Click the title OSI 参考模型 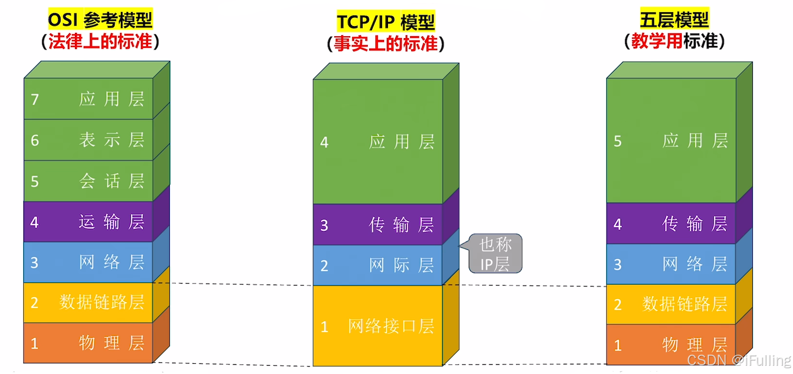coord(100,20)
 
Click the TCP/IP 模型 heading coord(386,22)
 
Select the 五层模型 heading coord(674,20)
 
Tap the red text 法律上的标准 coord(100,42)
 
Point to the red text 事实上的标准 coord(386,43)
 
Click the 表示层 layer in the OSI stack coord(89,140)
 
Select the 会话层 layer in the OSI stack coord(89,181)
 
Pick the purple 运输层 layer coord(89,222)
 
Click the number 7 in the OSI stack coord(35,100)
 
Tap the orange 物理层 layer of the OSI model coord(89,343)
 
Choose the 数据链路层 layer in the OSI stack coord(89,302)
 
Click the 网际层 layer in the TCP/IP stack coord(378,265)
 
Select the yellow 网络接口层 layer coord(378,326)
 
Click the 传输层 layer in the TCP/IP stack coord(378,225)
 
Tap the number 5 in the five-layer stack coord(617,141)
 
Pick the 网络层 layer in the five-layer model coord(671,264)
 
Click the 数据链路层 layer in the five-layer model coord(671,304)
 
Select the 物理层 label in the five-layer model coord(694,345)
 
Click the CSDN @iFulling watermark coord(738,360)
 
